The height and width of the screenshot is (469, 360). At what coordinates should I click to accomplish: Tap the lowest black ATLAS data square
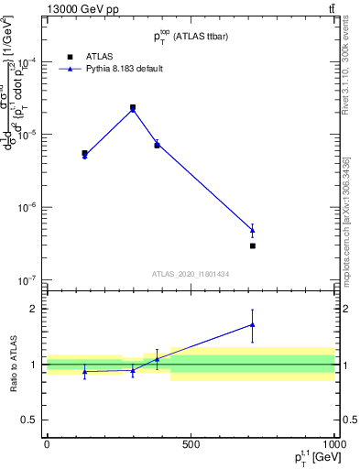[252, 245]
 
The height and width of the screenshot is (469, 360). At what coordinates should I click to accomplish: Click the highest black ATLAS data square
[133, 107]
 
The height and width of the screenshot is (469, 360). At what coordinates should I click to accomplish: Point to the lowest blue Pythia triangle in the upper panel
[252, 229]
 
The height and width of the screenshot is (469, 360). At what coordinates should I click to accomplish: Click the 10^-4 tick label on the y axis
[27, 62]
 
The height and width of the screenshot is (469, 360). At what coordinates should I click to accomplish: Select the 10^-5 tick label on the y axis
[27, 135]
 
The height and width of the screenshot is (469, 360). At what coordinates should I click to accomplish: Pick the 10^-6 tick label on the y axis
[27, 207]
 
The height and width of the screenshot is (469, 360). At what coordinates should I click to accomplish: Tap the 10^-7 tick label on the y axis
[27, 279]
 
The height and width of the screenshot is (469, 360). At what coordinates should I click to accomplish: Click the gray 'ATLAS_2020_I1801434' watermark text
[190, 274]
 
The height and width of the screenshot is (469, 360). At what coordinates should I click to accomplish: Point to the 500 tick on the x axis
[190, 444]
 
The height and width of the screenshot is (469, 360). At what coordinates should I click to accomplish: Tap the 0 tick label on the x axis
[47, 444]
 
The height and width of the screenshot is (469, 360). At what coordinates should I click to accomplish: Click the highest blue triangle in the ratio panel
[252, 324]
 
